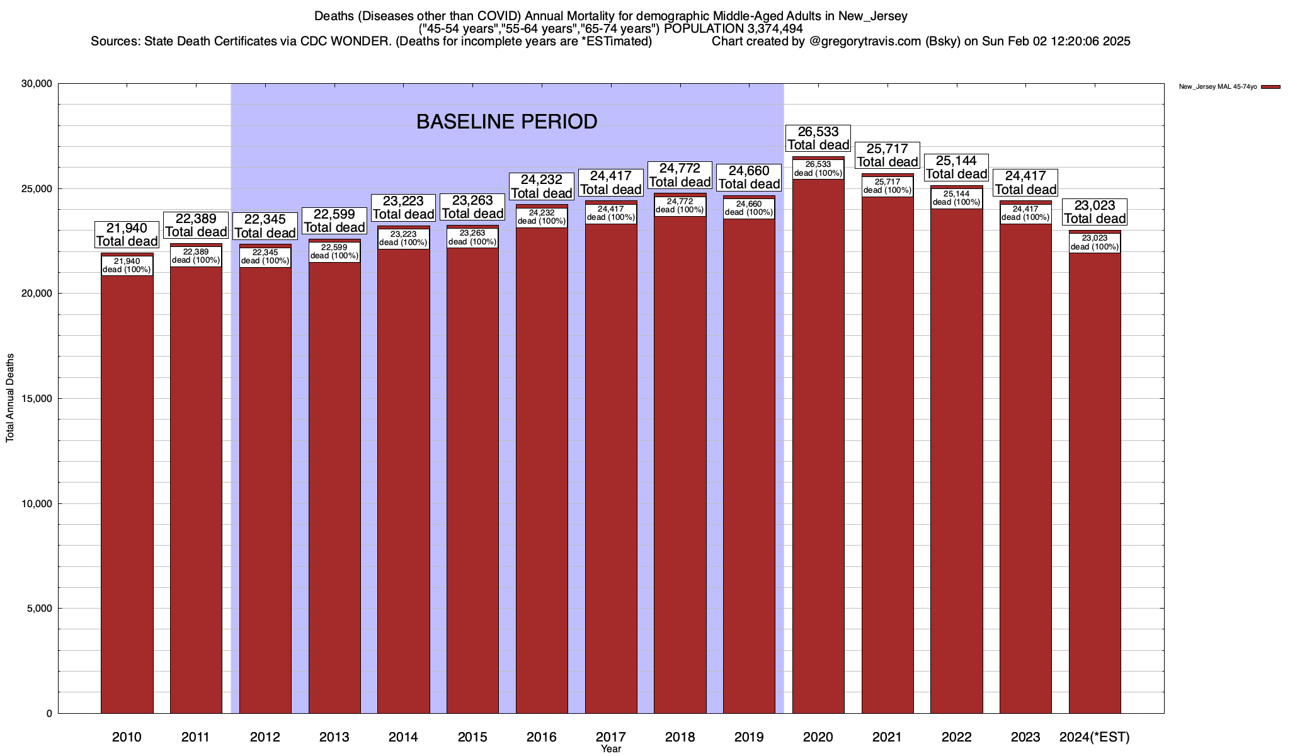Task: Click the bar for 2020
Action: pyautogui.click(x=818, y=441)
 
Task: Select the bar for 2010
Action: pyautogui.click(x=127, y=491)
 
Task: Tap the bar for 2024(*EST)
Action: pyautogui.click(x=1095, y=479)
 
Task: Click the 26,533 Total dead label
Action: pyautogui.click(x=818, y=139)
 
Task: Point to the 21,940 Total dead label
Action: pyautogui.click(x=127, y=234)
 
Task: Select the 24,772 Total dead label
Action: pyautogui.click(x=680, y=175)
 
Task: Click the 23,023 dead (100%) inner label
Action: pyautogui.click(x=1095, y=243)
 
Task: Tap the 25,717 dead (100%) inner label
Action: pyautogui.click(x=888, y=186)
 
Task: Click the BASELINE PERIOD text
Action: pyautogui.click(x=506, y=122)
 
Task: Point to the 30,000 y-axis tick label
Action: pyautogui.click(x=37, y=84)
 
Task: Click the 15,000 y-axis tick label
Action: pyautogui.click(x=37, y=399)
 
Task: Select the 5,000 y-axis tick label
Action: pyautogui.click(x=39, y=609)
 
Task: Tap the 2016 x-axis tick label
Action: pyautogui.click(x=542, y=736)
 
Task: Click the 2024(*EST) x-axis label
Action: pyautogui.click(x=1095, y=736)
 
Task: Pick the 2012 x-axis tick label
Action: pyautogui.click(x=265, y=736)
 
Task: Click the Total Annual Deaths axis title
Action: pyautogui.click(x=10, y=398)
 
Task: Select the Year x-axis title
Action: pyautogui.click(x=610, y=749)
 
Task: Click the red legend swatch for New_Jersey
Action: pyautogui.click(x=1270, y=87)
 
